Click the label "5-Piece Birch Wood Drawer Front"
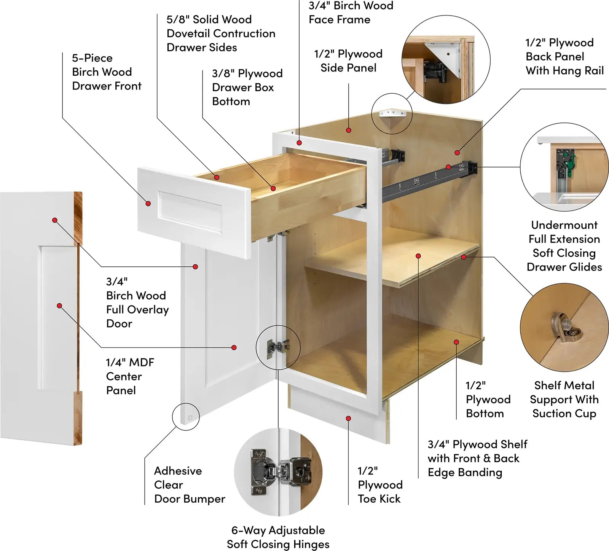click(107, 72)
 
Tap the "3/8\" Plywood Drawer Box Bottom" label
click(247, 87)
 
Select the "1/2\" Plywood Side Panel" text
click(348, 61)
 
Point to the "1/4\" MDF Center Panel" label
click(130, 376)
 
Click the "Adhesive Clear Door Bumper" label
click(189, 484)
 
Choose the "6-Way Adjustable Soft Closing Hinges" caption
click(278, 537)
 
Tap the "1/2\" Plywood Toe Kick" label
click(380, 484)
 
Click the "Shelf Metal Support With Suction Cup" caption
click(564, 399)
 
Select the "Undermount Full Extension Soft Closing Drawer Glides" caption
click(564, 246)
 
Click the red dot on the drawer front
click(148, 204)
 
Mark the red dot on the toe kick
click(348, 418)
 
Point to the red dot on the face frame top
click(300, 143)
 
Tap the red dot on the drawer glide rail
click(448, 167)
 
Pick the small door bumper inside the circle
click(190, 417)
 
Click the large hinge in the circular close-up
click(280, 472)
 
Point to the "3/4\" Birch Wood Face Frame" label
click(351, 13)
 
